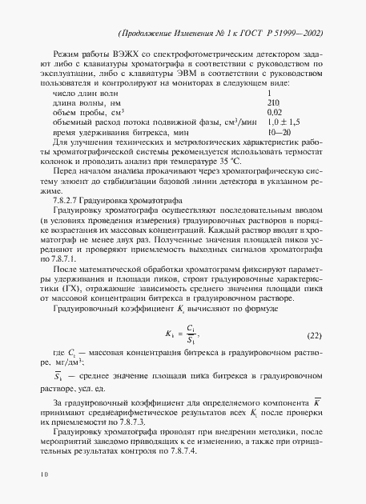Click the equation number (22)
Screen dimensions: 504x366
[316, 334]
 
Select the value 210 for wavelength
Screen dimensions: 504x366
[272, 103]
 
